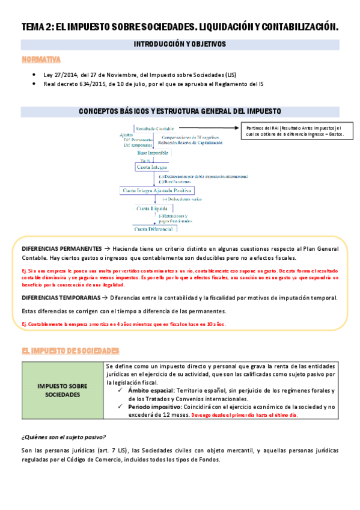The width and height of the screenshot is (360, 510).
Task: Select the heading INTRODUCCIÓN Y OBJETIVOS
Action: (179, 44)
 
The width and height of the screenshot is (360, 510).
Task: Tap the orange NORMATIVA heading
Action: (40, 60)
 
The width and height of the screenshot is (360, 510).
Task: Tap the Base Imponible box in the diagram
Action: (154, 154)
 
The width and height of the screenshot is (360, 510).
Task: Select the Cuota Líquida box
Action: (153, 208)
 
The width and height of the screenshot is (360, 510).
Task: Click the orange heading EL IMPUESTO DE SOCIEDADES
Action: (70, 350)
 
